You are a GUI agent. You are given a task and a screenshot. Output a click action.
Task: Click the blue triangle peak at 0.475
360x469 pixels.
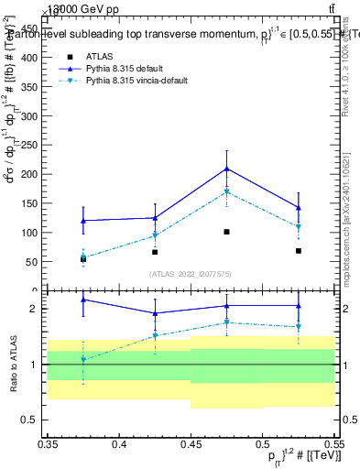click(x=226, y=169)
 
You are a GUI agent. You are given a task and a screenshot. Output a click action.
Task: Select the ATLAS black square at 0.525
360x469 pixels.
click(x=299, y=250)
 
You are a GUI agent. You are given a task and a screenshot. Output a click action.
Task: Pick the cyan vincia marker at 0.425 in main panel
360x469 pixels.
click(x=155, y=235)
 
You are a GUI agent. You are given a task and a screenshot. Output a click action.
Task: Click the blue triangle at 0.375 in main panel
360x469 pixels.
click(x=83, y=220)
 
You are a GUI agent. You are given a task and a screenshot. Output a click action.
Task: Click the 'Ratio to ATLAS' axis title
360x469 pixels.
click(x=13, y=364)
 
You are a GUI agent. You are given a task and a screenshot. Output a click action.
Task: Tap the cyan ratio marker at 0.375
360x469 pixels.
click(x=83, y=359)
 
